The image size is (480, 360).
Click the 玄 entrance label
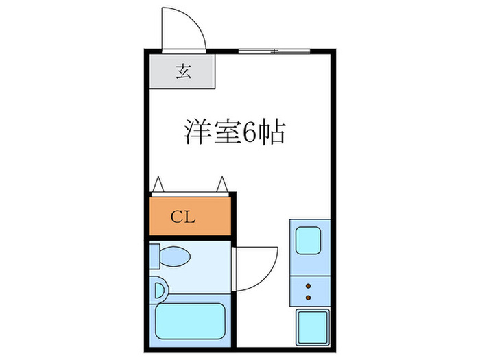click(x=184, y=71)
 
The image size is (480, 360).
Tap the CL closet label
click(x=183, y=217)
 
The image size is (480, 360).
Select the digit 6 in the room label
click(x=250, y=132)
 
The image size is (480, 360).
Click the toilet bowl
click(x=175, y=256)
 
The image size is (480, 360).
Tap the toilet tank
click(x=154, y=256)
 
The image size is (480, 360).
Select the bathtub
click(x=191, y=321)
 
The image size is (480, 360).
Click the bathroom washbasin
click(x=160, y=291)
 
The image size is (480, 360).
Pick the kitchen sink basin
click(x=309, y=240)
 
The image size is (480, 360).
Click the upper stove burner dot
click(x=309, y=286)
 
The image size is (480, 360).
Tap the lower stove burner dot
click(x=309, y=298)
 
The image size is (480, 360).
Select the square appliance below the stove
click(x=313, y=327)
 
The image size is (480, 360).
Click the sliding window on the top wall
click(x=274, y=51)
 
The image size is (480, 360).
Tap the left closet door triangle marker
click(x=158, y=184)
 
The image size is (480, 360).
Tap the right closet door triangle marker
click(x=222, y=184)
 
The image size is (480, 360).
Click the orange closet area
click(x=190, y=217)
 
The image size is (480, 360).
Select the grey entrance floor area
click(x=182, y=71)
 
